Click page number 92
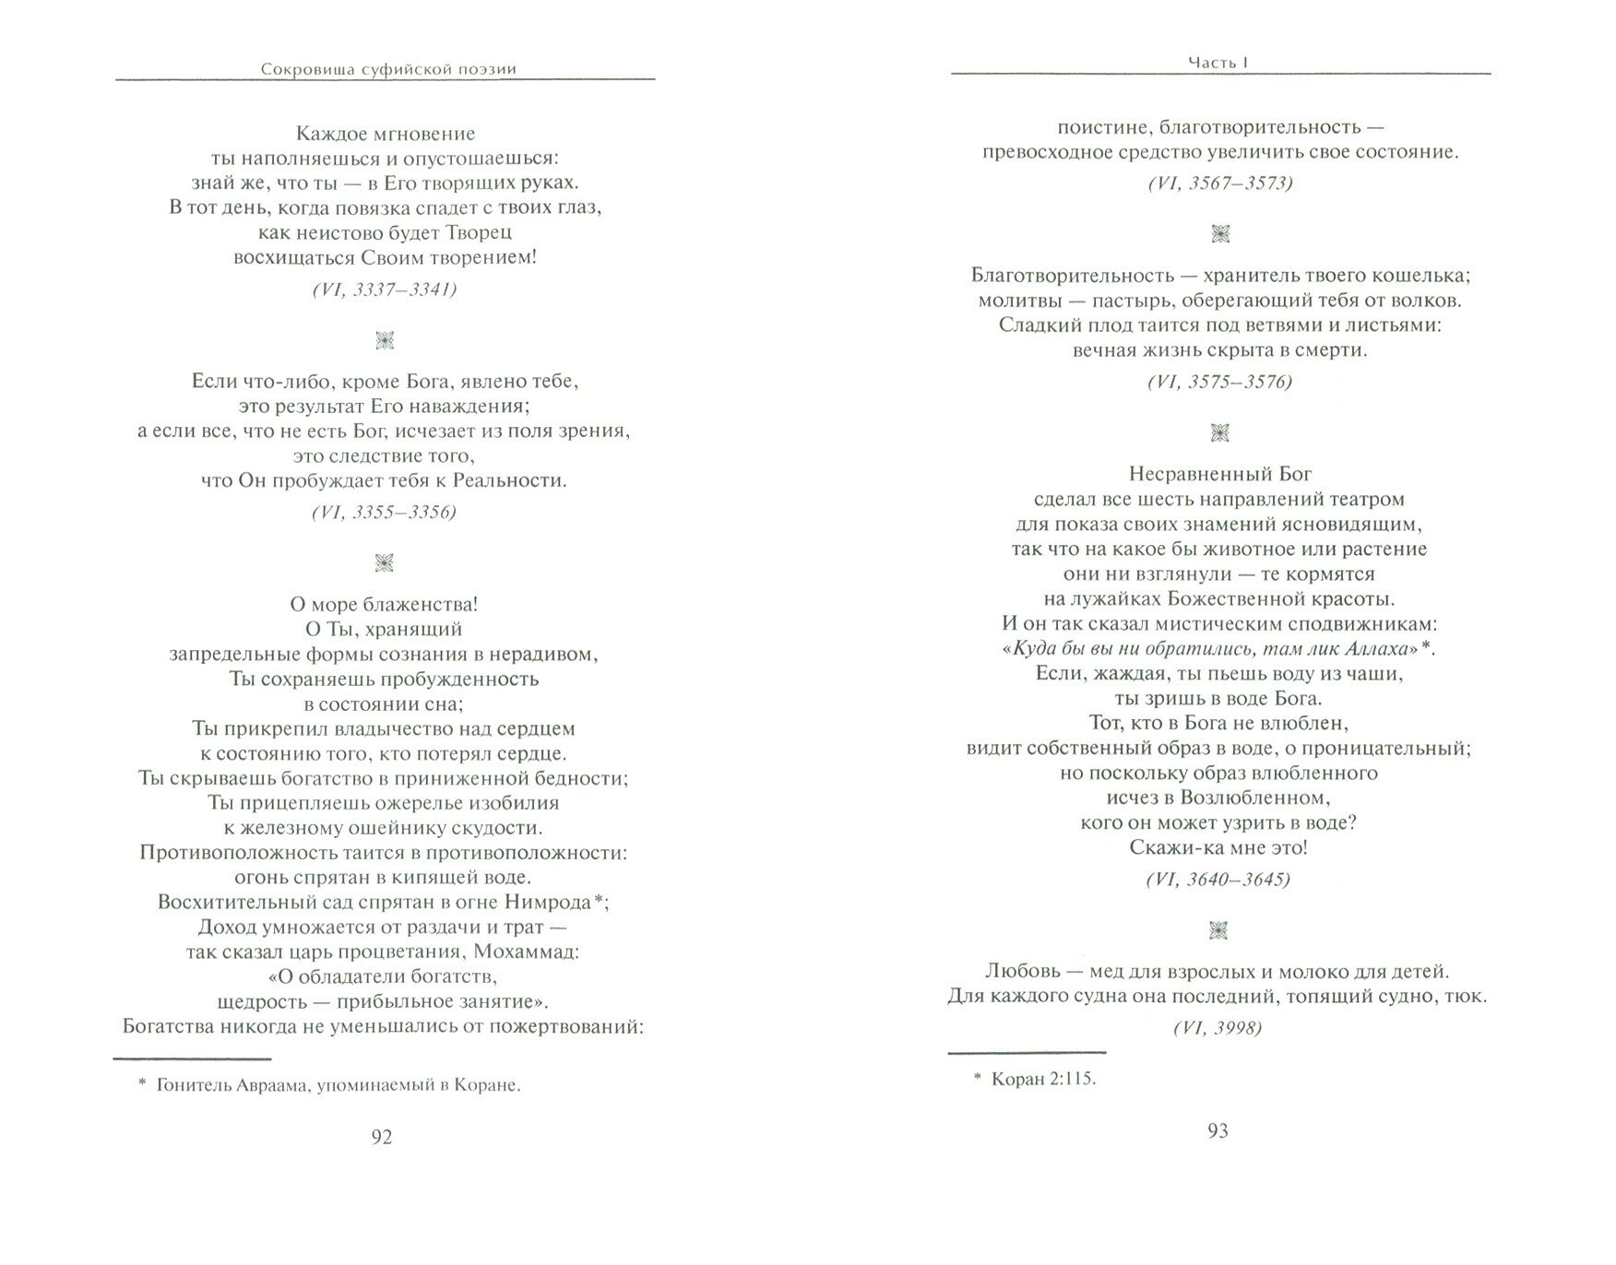click(382, 1137)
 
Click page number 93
click(1218, 1130)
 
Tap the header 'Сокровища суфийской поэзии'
click(388, 68)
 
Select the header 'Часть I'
click(1218, 63)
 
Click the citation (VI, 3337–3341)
click(385, 290)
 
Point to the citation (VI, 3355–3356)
click(385, 513)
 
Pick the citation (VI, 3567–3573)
click(1219, 183)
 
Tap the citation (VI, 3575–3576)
click(1219, 382)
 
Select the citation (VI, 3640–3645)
click(1218, 880)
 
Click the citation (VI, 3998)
click(1218, 1028)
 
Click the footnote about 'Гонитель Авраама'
click(329, 1085)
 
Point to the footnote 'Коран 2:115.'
click(1035, 1079)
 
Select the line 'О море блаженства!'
click(385, 605)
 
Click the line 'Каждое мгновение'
click(385, 134)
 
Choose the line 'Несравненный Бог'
click(1219, 474)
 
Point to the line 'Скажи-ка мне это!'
click(1218, 847)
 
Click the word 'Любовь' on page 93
click(1018, 971)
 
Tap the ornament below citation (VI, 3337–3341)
click(386, 341)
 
